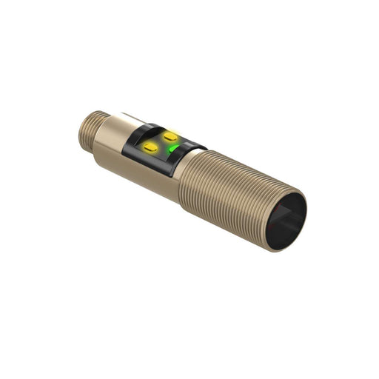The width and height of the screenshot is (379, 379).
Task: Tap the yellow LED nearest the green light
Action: [171, 136]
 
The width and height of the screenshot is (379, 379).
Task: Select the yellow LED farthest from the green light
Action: [150, 149]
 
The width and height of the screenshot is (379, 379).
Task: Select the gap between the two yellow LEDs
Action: [161, 142]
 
